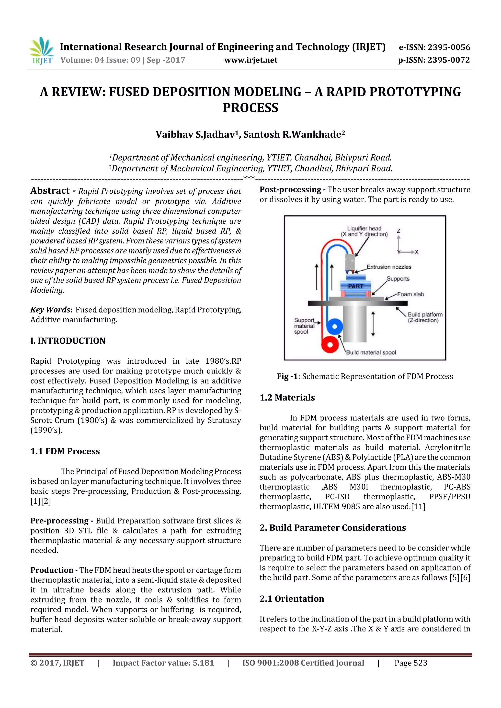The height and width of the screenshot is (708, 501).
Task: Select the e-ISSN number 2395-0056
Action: tap(448, 47)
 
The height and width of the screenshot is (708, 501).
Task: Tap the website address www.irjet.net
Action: tap(251, 60)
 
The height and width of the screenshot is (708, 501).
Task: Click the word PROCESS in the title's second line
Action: tap(250, 108)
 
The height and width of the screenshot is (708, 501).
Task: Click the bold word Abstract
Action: tap(50, 191)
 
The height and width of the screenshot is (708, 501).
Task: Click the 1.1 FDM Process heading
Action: tap(65, 451)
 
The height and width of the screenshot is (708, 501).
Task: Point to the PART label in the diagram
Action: tap(355, 286)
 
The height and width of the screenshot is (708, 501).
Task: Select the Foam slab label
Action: tap(410, 294)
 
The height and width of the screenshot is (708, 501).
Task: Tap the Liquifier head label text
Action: tap(364, 229)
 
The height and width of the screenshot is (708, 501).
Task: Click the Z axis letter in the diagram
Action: tap(398, 231)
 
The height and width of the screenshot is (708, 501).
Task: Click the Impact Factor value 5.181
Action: tap(203, 663)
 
